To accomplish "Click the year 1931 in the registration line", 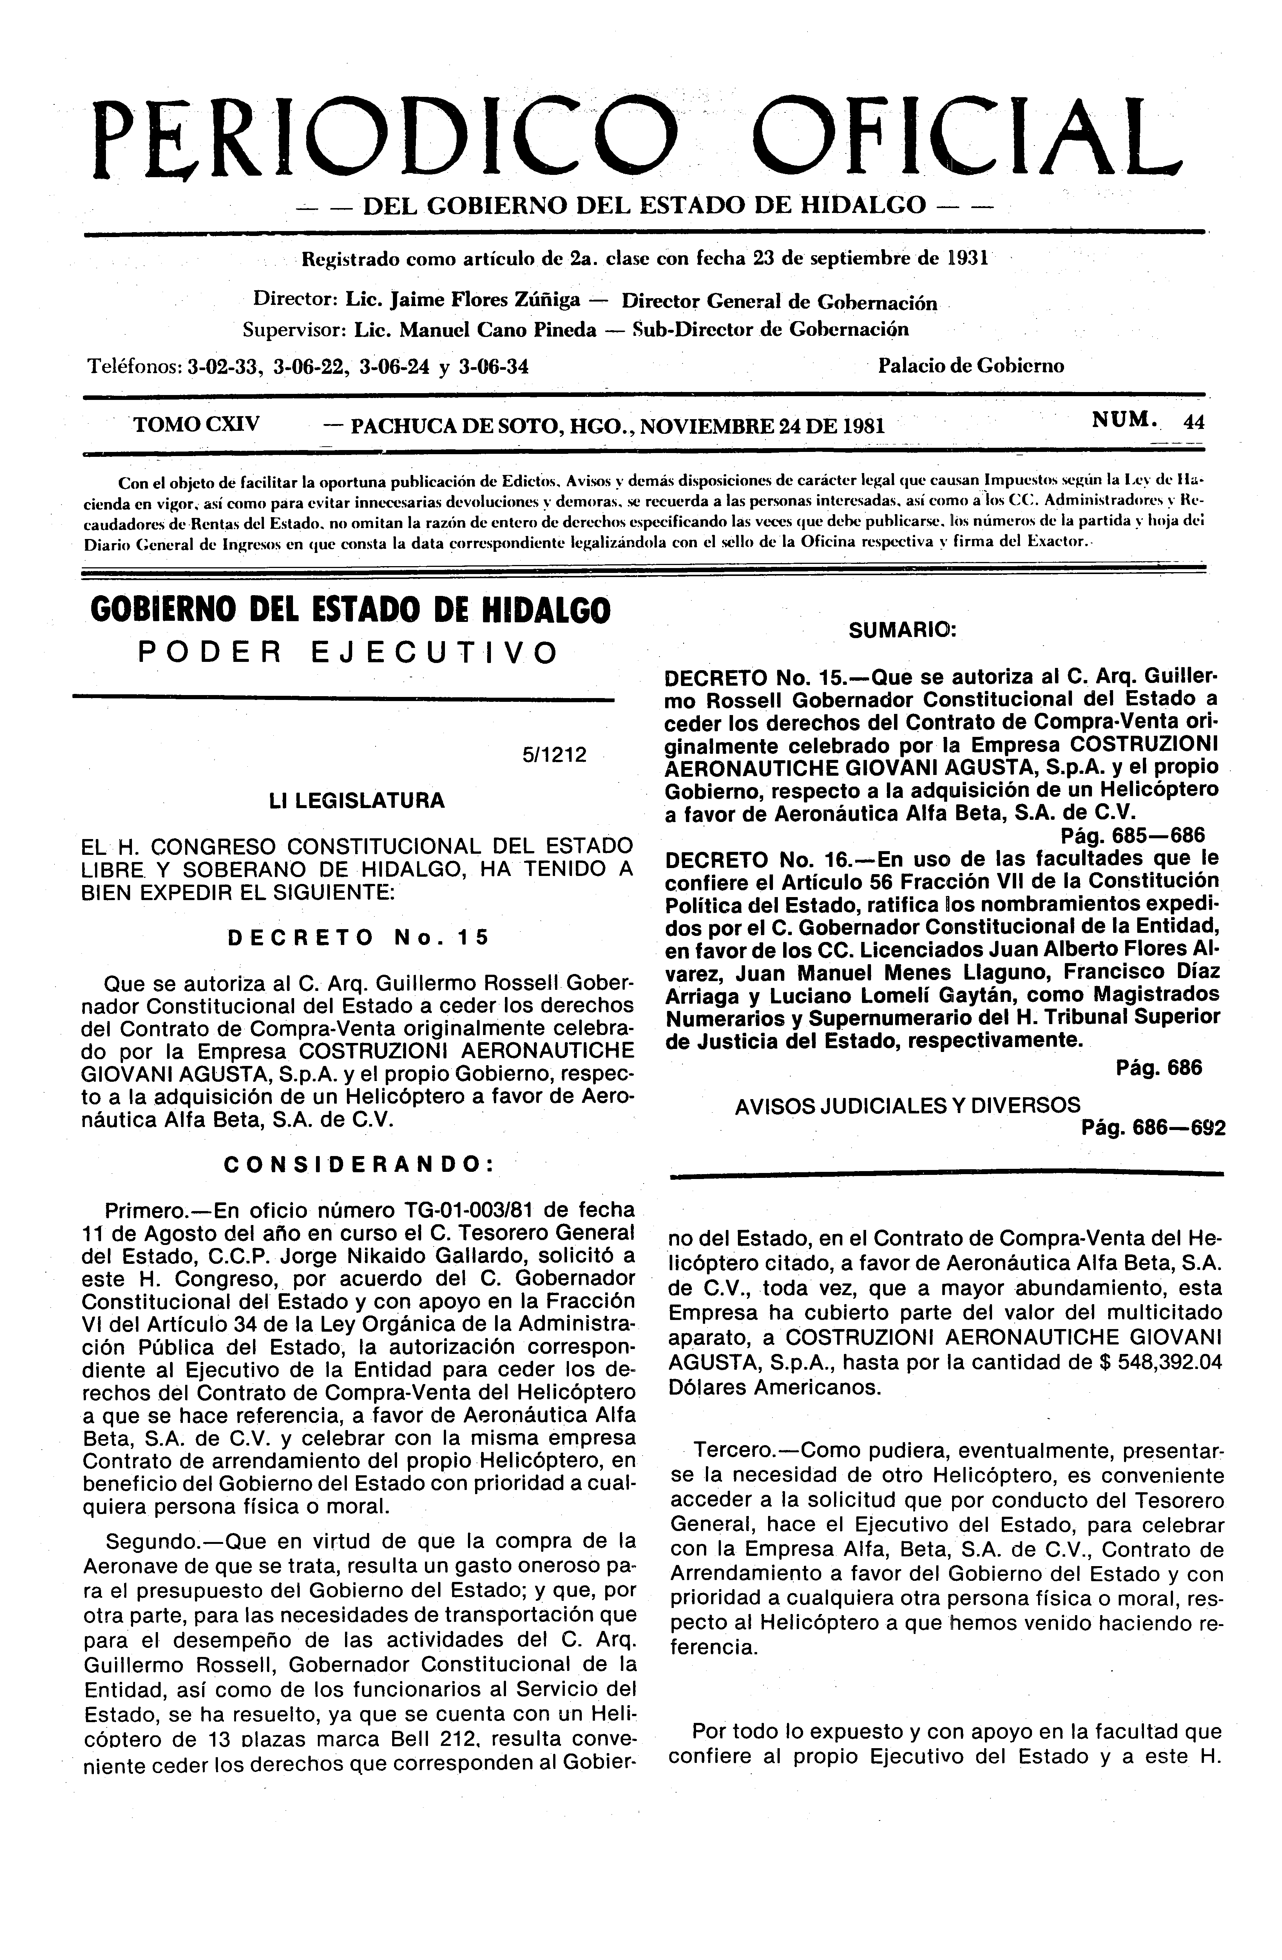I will point(966,258).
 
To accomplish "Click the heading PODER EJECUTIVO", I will point(348,653).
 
